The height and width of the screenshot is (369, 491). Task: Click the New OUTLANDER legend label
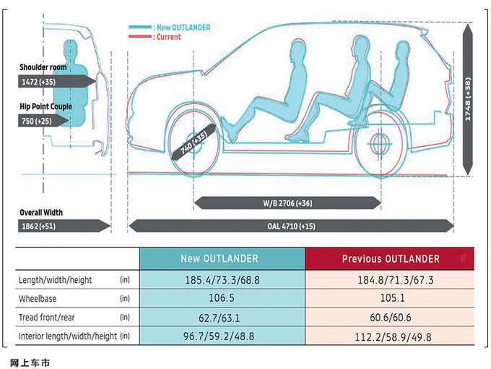(x=183, y=27)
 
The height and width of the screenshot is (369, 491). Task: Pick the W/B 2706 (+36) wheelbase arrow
(x=287, y=203)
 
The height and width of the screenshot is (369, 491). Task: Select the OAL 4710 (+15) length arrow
(x=291, y=226)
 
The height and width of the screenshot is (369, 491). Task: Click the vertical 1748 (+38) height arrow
(x=467, y=99)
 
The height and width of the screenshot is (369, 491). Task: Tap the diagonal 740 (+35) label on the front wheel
(x=194, y=142)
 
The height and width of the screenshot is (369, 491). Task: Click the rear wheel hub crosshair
(x=380, y=144)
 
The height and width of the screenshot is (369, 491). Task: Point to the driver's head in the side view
(x=297, y=49)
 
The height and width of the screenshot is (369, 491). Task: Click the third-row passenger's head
(x=403, y=50)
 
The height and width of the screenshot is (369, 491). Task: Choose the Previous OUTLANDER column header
(x=390, y=258)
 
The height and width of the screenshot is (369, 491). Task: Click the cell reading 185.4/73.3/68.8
(x=222, y=279)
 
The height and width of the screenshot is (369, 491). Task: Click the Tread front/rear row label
(x=47, y=317)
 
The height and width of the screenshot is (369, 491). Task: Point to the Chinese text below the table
(x=30, y=363)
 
